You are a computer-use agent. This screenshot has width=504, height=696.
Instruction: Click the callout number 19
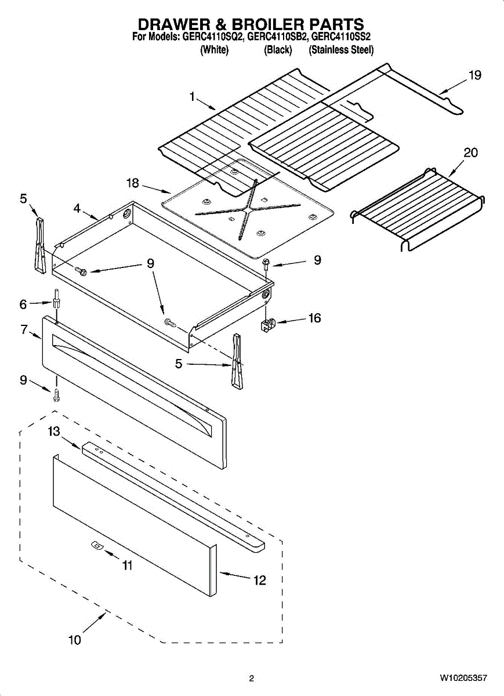click(475, 75)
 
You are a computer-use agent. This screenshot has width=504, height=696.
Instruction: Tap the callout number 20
click(471, 153)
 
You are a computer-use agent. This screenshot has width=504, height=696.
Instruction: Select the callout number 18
click(133, 183)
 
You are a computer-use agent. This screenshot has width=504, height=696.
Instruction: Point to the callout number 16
click(315, 318)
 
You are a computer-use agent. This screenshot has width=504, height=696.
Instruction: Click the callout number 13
click(54, 432)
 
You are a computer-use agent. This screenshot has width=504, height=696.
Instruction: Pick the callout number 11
click(126, 565)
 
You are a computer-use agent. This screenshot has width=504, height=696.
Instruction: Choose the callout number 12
click(259, 579)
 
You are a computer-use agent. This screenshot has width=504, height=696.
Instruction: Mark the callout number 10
click(75, 640)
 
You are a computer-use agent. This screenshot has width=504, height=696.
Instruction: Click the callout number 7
click(24, 329)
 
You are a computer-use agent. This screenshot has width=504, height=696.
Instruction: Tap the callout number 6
click(24, 303)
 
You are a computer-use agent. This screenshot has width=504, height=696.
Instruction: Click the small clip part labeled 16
click(267, 326)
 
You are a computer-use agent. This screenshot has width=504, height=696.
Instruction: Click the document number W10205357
click(463, 677)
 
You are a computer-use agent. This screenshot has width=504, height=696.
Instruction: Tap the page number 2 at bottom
click(251, 677)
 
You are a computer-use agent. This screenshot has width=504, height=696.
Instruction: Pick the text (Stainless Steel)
click(341, 50)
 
